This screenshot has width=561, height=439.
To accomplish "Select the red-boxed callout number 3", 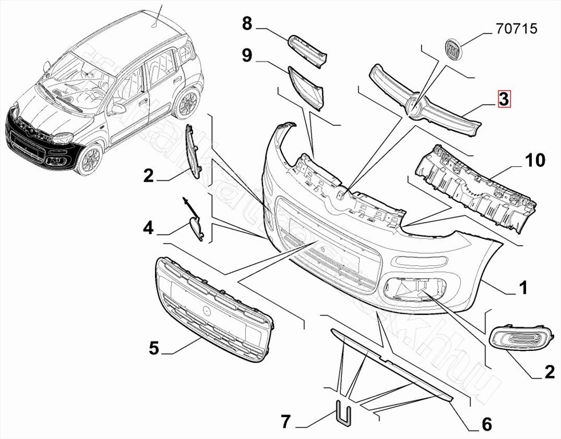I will (x=503, y=99).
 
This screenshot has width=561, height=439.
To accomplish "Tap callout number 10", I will (x=535, y=160).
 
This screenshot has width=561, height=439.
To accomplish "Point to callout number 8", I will (x=247, y=24).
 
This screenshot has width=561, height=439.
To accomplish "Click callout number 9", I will (x=247, y=55).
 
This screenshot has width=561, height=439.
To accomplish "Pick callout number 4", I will (x=148, y=229).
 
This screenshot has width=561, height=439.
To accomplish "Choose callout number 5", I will (x=153, y=348).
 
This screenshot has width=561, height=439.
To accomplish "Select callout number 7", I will (x=286, y=422).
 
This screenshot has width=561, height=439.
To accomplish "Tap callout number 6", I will (x=487, y=424).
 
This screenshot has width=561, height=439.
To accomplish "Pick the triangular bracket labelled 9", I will (x=307, y=87).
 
